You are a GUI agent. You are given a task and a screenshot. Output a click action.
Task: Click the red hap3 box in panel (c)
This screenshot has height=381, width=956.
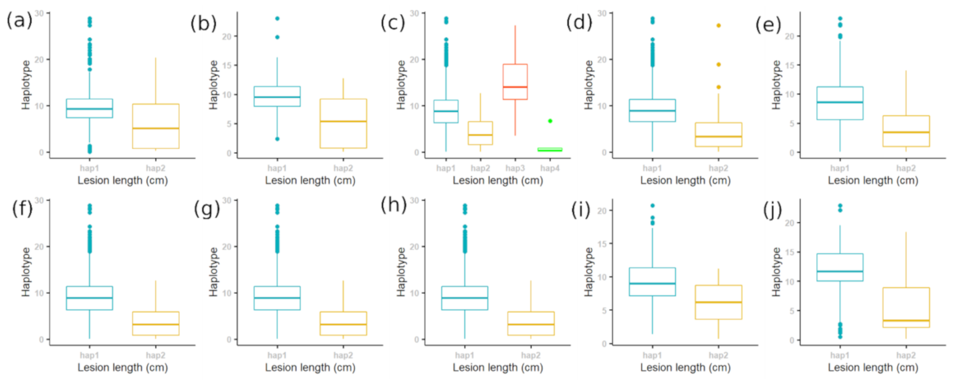(515, 82)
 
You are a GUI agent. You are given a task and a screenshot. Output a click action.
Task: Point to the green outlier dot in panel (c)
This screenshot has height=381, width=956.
(550, 121)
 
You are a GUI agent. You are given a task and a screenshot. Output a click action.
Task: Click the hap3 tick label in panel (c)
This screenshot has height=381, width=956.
(515, 168)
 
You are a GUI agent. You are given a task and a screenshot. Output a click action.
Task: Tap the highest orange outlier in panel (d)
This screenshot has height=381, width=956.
(719, 25)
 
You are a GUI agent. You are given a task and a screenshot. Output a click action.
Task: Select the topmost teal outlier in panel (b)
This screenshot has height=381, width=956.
(277, 19)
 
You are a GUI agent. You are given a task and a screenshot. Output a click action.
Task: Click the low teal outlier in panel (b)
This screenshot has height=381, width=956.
(277, 139)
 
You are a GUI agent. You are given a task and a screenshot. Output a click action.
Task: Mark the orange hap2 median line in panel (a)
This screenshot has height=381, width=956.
(156, 128)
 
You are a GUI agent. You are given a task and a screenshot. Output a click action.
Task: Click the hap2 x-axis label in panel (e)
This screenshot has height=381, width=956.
(906, 168)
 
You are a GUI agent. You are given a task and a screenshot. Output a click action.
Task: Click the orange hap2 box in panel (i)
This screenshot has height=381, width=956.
(719, 302)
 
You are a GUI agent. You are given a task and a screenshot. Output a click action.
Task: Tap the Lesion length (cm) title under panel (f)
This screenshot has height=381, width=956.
(122, 368)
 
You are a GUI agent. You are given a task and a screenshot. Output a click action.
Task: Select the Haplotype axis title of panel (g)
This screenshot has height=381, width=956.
(213, 272)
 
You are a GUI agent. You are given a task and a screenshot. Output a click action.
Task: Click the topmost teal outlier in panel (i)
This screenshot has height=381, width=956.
(652, 206)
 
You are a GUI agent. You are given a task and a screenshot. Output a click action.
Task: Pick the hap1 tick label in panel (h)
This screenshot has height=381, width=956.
(465, 356)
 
